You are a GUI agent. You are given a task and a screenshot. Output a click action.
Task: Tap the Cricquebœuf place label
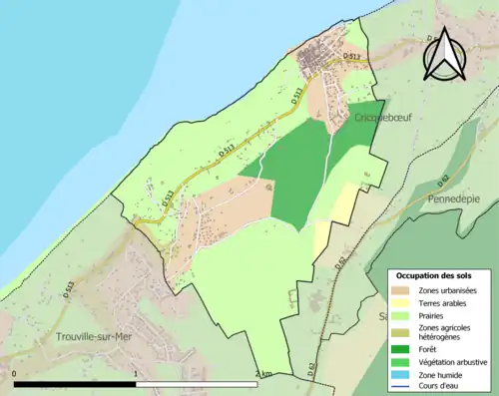[383, 118]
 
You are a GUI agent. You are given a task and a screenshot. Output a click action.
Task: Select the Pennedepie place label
[453, 198]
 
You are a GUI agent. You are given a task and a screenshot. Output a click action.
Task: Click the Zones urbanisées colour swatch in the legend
[404, 290]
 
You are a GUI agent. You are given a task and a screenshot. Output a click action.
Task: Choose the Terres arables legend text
[446, 302]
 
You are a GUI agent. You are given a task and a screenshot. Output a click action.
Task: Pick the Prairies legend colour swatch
[404, 315]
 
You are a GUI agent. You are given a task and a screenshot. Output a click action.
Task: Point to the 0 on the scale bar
[15, 374]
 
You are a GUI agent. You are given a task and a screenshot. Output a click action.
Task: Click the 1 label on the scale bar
[136, 374]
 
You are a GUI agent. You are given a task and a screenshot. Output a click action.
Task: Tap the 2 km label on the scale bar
[263, 374]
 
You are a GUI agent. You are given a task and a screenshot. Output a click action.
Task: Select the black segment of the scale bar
[75, 383]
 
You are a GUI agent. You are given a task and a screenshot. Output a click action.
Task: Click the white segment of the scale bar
[197, 383]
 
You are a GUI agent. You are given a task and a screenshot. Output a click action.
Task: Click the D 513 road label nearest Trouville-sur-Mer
[70, 291]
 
